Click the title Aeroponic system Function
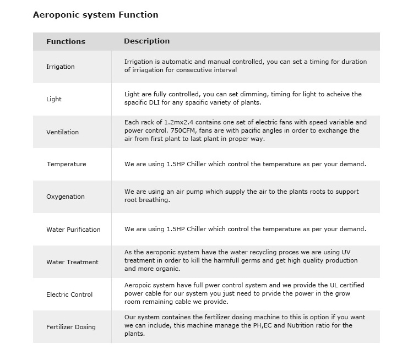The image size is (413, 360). coord(95,15)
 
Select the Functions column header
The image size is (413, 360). coord(66,41)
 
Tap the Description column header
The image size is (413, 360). coord(146,41)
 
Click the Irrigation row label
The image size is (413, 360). coord(61,67)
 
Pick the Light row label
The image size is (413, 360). coord(54,99)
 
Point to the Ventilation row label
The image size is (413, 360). coord(62,132)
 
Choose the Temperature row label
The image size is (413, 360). coord(66,164)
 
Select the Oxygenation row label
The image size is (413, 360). coord(66,197)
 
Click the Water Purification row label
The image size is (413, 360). coord(73,230)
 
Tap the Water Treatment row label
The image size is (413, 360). coord(72,262)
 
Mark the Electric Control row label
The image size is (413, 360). coord(69,294)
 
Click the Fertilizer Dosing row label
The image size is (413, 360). coord(71,327)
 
